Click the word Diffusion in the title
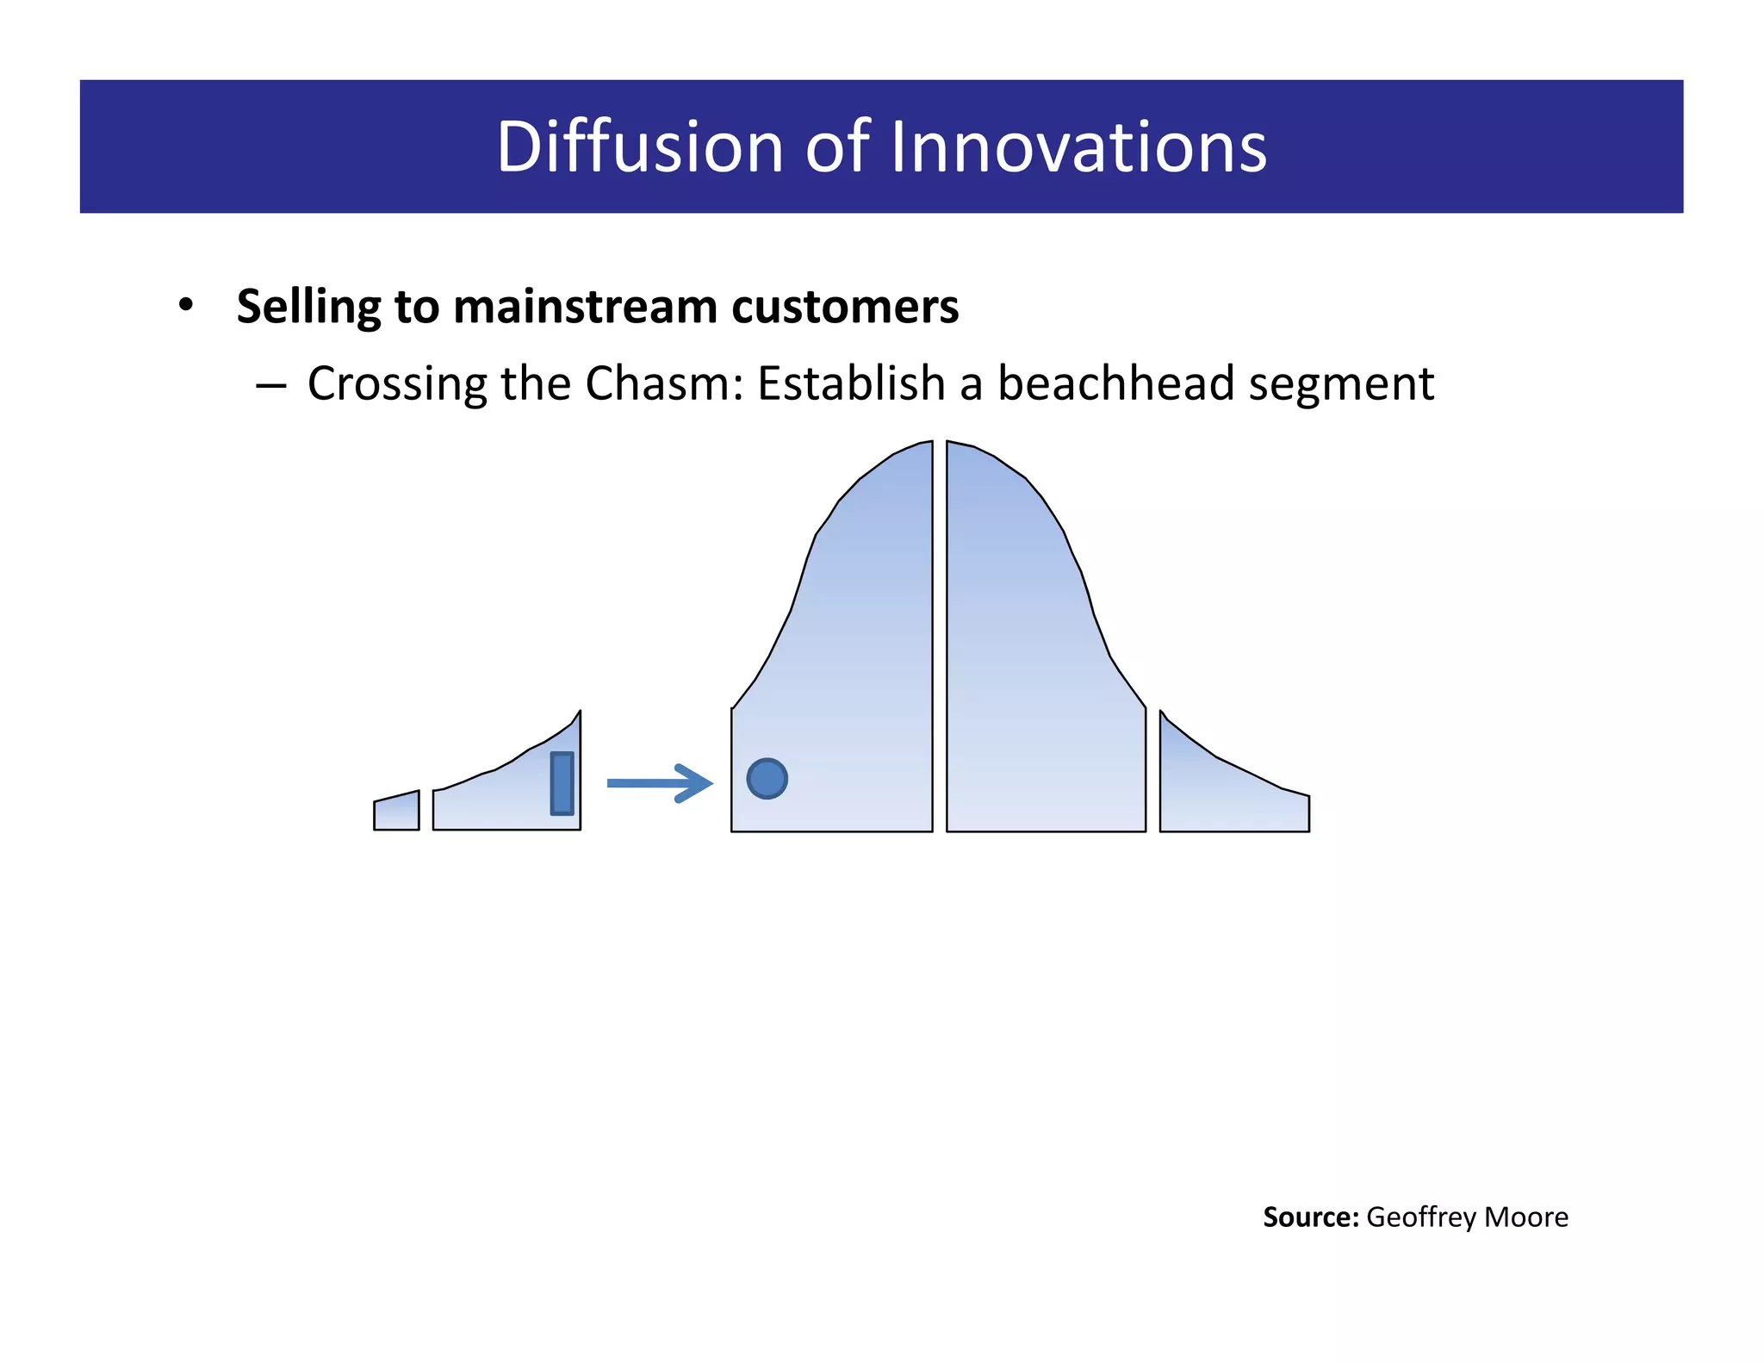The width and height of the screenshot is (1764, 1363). pyautogui.click(x=639, y=146)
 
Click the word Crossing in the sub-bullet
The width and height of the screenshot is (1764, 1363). pyautogui.click(x=396, y=384)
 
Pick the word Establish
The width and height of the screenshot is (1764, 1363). pyautogui.click(x=851, y=383)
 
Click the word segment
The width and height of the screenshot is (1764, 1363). pyautogui.click(x=1341, y=385)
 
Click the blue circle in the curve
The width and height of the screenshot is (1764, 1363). pyautogui.click(x=767, y=779)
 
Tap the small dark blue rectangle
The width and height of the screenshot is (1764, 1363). pyautogui.click(x=562, y=783)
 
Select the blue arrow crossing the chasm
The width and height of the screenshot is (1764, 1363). pyautogui.click(x=660, y=783)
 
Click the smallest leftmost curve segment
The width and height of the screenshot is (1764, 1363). pyautogui.click(x=396, y=812)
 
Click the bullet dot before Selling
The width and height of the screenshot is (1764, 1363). pyautogui.click(x=186, y=306)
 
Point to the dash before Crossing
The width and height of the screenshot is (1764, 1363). pyautogui.click(x=270, y=386)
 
